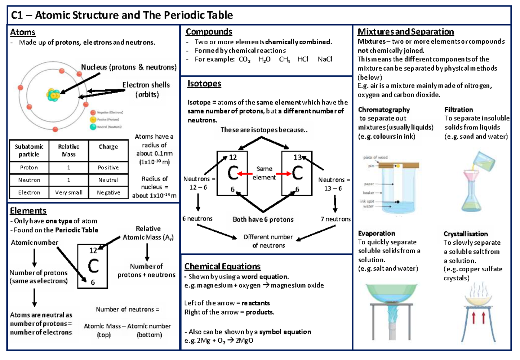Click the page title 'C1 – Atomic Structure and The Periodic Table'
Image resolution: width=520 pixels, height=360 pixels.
122,16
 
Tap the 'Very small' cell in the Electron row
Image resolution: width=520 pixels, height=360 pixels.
69,192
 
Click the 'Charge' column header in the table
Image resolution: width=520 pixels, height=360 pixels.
108,147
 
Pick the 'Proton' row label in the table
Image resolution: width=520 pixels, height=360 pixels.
29,167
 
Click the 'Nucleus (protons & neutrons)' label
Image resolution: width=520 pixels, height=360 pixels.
129,67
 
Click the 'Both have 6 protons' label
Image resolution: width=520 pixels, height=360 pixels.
263,219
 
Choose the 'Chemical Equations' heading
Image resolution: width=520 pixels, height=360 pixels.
222,266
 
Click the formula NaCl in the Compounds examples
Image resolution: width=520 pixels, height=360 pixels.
325,59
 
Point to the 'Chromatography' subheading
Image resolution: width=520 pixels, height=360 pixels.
383,110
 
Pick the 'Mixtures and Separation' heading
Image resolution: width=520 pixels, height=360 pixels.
405,32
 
